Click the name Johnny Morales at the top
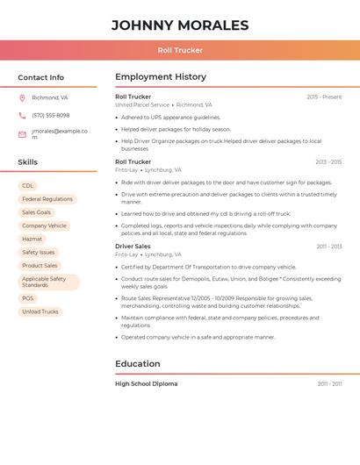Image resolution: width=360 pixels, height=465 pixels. (180, 25)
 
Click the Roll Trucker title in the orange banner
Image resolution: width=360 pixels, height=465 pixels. (180, 50)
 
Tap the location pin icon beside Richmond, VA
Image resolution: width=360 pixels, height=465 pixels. (22, 98)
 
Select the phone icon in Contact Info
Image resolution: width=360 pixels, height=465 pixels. (22, 116)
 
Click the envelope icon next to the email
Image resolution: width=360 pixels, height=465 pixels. (22, 134)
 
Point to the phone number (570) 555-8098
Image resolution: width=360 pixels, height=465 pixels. (50, 116)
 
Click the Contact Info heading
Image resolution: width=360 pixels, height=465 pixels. (41, 77)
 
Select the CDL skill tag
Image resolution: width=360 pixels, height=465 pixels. (28, 186)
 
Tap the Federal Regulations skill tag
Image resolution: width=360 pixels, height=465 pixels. (47, 199)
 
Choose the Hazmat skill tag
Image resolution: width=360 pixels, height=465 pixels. (32, 239)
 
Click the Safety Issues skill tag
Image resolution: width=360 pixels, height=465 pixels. (39, 252)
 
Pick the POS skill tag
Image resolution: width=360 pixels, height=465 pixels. (28, 298)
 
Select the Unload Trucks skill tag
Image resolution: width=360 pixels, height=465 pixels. (40, 311)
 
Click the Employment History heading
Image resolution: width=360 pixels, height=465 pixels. (161, 77)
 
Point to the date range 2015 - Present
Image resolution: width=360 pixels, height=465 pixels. (324, 97)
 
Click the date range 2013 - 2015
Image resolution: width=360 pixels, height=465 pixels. (328, 162)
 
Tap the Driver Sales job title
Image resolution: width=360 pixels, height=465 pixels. (133, 247)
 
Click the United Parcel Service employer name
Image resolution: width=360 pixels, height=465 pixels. (142, 104)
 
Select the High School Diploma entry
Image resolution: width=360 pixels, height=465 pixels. (146, 383)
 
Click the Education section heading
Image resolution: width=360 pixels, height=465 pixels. (138, 364)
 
